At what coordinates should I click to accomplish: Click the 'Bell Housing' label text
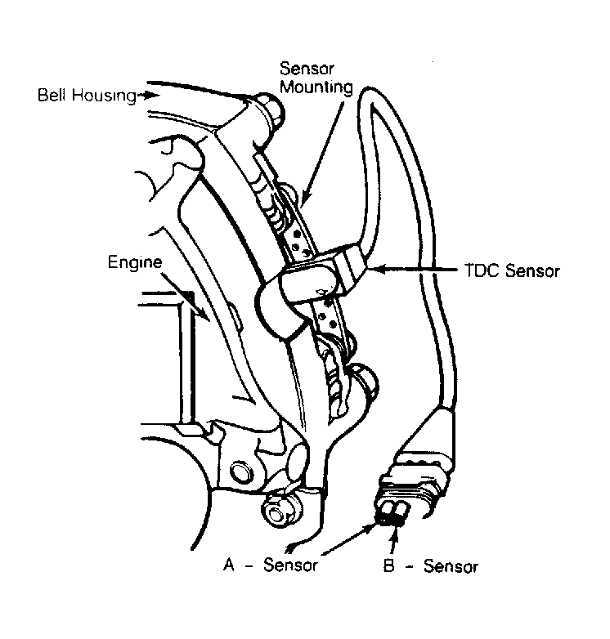click(87, 96)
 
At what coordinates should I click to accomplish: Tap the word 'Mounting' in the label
click(316, 87)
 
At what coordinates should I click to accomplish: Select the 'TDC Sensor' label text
click(512, 270)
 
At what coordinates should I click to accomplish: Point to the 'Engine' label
click(135, 262)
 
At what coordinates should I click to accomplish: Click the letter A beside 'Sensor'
click(229, 565)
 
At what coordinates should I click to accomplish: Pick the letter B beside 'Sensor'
click(389, 565)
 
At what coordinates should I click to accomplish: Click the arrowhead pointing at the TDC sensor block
click(376, 269)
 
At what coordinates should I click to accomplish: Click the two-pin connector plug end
click(392, 514)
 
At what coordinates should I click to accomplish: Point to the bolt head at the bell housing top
click(271, 108)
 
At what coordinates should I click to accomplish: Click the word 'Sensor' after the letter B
click(451, 566)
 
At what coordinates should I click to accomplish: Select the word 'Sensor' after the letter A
click(290, 565)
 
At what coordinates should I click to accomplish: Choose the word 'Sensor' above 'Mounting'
click(307, 69)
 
